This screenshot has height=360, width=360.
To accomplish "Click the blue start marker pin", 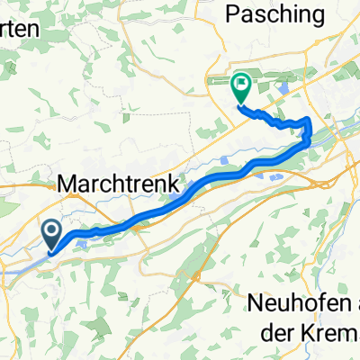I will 51,236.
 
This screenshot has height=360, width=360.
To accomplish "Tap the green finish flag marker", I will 241,87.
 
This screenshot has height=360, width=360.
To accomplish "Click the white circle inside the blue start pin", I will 51,232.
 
